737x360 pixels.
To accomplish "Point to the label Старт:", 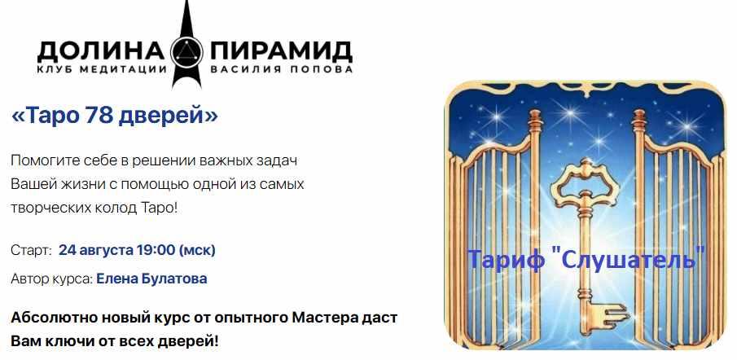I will click(x=32, y=249).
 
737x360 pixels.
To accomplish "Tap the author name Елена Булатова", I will click(x=151, y=279).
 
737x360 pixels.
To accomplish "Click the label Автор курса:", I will click(x=50, y=279).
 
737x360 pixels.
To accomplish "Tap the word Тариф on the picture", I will click(x=504, y=261).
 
